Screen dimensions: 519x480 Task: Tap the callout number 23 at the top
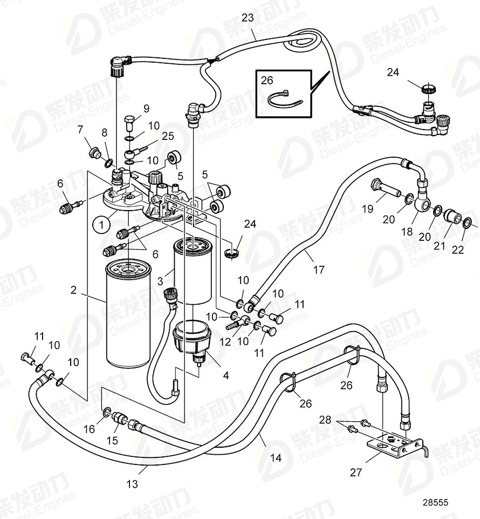(x=248, y=18)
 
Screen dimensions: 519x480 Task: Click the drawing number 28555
(x=435, y=502)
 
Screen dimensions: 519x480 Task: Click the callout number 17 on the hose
(x=319, y=269)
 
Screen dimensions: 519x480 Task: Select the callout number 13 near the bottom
(x=132, y=484)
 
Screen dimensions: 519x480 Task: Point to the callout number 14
(x=276, y=459)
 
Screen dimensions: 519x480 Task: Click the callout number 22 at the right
(x=458, y=250)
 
